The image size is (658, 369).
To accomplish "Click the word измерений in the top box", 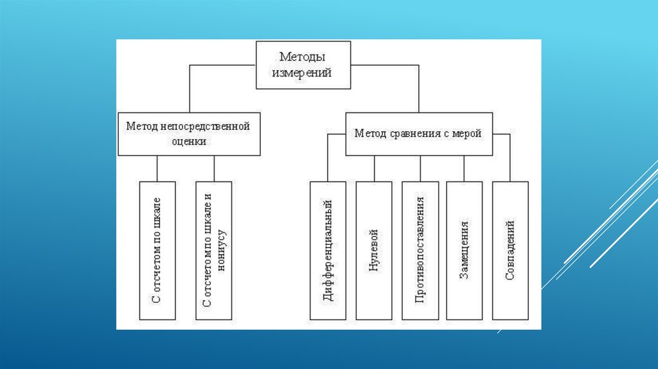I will point(304,73).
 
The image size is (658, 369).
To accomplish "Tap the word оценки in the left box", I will point(189,142).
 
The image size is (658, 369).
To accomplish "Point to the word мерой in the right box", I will point(468,134).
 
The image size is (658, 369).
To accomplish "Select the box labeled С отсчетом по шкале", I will point(157,250).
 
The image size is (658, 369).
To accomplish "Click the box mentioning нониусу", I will point(214,250).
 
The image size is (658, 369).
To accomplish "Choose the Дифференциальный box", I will point(328,250).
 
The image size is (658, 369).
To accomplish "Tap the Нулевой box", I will point(374,250).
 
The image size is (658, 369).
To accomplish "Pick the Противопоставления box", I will point(420,250).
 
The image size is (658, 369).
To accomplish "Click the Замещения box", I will point(464,250).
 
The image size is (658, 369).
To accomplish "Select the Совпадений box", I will point(510,250).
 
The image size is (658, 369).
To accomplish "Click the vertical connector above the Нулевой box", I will point(374,168).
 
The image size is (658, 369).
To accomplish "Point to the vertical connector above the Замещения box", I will point(464,168).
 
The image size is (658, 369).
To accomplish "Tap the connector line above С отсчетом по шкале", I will point(157,168).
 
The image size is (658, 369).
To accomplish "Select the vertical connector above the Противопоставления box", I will point(420,168).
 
